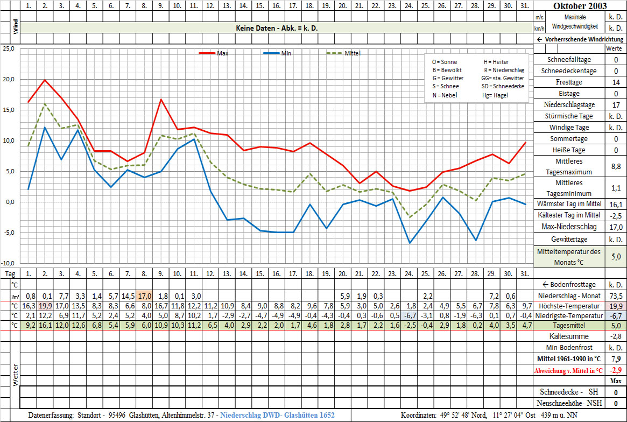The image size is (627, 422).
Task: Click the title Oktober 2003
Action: point(580,6)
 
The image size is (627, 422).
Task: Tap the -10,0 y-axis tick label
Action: point(8,263)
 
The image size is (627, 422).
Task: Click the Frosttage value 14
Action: point(616,82)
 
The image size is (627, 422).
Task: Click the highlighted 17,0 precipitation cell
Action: point(144,296)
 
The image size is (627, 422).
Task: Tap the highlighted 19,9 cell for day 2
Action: point(45,306)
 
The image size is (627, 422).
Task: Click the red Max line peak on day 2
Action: point(45,80)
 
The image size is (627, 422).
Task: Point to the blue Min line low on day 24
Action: point(409,243)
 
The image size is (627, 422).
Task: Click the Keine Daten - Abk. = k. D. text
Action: point(277,27)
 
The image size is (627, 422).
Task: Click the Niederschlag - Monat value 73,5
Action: point(616,296)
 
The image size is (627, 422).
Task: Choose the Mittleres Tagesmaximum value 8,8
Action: point(616,167)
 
